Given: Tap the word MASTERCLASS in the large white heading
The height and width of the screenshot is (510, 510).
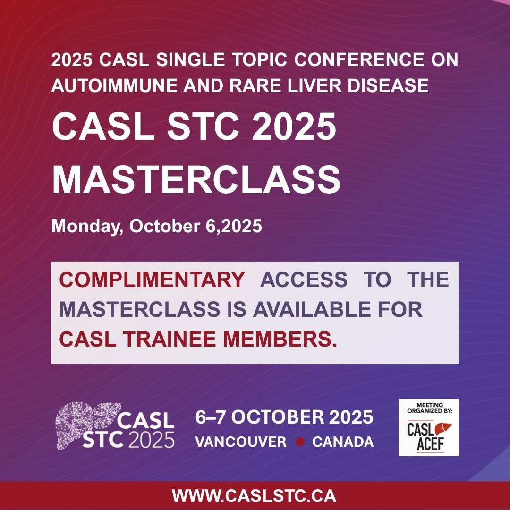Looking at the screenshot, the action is pos(196,180).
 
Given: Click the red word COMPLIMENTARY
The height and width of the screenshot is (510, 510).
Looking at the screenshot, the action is pos(152,280).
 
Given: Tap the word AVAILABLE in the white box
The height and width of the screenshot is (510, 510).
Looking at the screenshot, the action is pos(312,309).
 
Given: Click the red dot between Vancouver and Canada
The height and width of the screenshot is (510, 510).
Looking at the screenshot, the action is pos(300,442).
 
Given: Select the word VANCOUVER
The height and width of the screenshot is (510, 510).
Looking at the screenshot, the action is pos(241,442).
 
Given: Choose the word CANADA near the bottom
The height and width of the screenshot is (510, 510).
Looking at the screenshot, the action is pos(343,442).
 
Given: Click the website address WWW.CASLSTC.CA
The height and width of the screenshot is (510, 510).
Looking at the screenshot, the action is pos(254,496).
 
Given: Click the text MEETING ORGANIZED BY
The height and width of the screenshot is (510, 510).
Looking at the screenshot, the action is pos(429,408).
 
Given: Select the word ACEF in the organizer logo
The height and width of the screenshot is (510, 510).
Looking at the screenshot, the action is pos(430,444).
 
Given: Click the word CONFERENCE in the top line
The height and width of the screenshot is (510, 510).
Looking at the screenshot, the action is pos(359,59).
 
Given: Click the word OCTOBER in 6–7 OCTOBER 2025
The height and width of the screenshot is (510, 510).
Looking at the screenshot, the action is pos(278,417).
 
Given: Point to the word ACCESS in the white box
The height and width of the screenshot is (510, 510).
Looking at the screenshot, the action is pos(304,280).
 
